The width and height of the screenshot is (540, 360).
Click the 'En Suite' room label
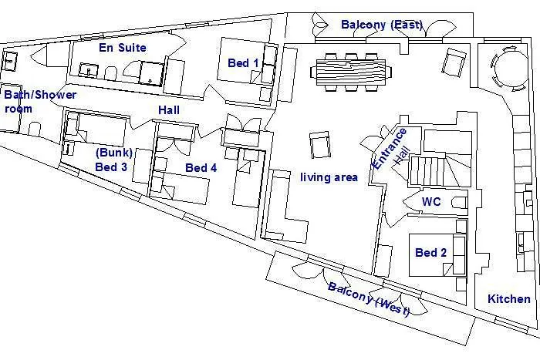click(x=122, y=48)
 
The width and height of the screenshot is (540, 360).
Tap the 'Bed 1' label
click(x=243, y=63)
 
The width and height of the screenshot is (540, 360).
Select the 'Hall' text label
click(x=169, y=109)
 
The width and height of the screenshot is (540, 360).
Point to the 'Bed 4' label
click(x=201, y=167)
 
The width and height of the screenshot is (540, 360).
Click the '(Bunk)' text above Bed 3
click(x=114, y=153)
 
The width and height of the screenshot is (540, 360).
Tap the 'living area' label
click(x=329, y=177)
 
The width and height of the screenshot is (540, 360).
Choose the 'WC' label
click(x=431, y=201)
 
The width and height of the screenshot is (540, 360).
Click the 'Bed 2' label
click(x=430, y=253)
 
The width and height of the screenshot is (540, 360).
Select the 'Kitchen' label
click(x=509, y=299)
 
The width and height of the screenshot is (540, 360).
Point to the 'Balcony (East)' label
click(x=382, y=25)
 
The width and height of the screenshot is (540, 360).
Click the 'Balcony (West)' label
click(x=369, y=298)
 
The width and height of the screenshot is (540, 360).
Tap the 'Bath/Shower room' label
click(x=40, y=102)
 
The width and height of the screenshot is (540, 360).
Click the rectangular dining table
click(x=351, y=72)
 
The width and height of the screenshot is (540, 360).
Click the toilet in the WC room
click(x=460, y=203)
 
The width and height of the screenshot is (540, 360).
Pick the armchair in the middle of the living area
click(x=320, y=145)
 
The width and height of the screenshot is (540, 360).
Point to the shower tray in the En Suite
click(x=151, y=73)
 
